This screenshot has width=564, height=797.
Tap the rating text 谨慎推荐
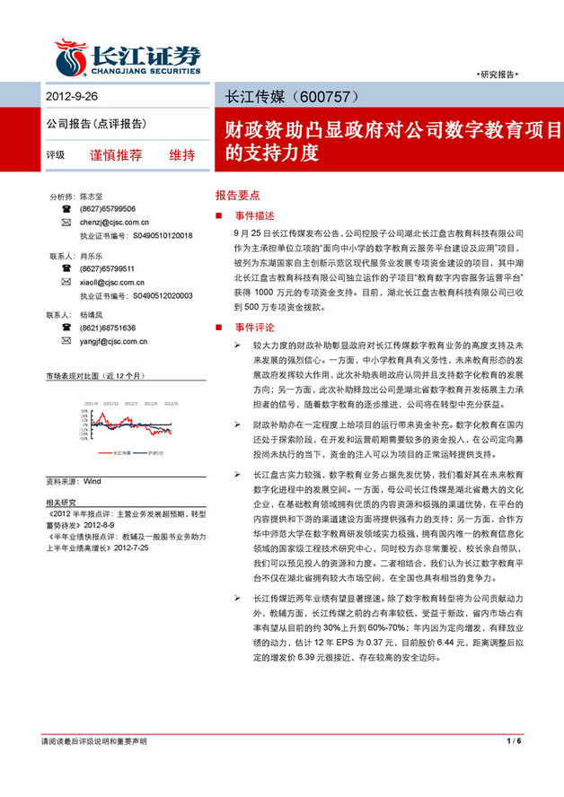point(116,154)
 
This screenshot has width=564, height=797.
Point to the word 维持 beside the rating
point(182,154)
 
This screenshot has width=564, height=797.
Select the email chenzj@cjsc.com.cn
point(114,222)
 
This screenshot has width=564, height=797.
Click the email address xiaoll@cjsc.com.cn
point(111,282)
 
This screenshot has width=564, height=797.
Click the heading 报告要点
point(238,194)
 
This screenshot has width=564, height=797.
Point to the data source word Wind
point(93,481)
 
